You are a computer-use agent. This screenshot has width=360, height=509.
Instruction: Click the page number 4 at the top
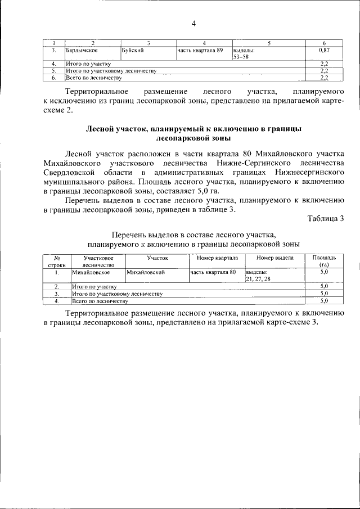tap(193, 24)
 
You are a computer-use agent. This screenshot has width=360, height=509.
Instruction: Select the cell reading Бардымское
tap(82, 51)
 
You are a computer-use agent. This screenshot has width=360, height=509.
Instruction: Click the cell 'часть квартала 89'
tap(200, 51)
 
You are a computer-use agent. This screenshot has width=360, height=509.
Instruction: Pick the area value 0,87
tap(323, 51)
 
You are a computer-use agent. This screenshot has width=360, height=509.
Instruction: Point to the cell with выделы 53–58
tap(244, 54)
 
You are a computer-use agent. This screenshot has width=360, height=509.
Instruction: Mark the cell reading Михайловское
tap(91, 272)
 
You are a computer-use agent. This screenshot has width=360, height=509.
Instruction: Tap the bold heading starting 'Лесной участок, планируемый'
tap(193, 133)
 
